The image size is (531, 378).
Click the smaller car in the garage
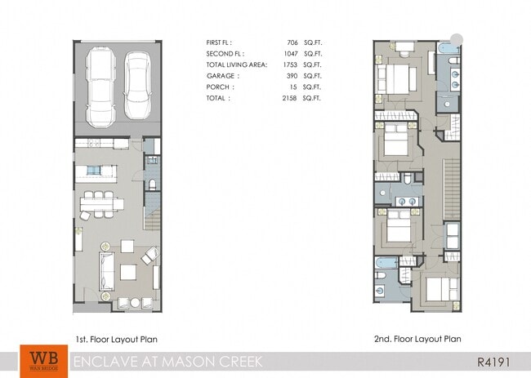pyautogui.click(x=137, y=86)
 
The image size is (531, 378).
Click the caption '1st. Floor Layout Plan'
pyautogui.click(x=116, y=339)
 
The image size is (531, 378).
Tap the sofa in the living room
pyautogui.click(x=106, y=272)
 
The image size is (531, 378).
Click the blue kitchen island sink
pyautogui.click(x=96, y=171)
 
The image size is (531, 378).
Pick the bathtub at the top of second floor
pyautogui.click(x=447, y=51)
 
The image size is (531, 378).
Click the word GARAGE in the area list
pyautogui.click(x=221, y=74)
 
